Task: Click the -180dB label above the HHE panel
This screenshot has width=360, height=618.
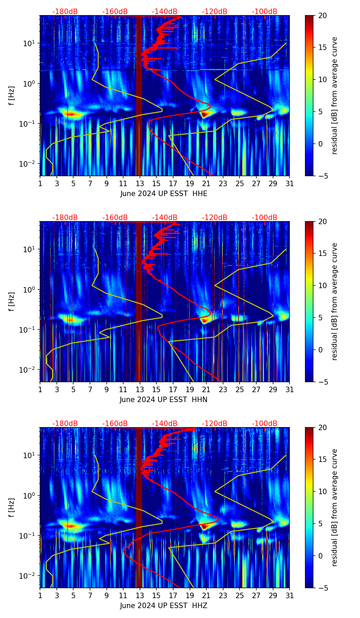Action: [x=65, y=12]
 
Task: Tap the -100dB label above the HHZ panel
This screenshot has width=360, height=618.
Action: [x=265, y=424]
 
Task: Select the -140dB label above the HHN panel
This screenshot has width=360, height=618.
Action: [x=165, y=218]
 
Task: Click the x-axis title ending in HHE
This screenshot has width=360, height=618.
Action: [x=164, y=194]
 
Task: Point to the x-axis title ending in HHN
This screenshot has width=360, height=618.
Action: [x=164, y=400]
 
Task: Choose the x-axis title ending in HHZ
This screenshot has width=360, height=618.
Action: [x=164, y=606]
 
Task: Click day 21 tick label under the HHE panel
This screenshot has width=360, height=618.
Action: [x=206, y=184]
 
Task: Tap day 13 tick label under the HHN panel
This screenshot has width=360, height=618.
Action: [x=140, y=390]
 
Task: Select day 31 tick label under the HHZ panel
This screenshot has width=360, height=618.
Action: [x=290, y=596]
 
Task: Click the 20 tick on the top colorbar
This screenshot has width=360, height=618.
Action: [x=322, y=16]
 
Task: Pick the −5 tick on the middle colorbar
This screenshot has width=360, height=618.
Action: [x=322, y=382]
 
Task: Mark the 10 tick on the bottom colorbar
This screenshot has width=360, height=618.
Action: [x=322, y=491]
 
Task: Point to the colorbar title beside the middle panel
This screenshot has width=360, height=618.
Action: [x=334, y=301]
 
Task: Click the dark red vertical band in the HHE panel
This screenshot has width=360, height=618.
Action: [x=139, y=96]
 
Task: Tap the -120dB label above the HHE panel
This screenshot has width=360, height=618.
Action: [x=215, y=12]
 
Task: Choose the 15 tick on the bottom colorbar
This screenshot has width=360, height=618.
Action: [x=322, y=460]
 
